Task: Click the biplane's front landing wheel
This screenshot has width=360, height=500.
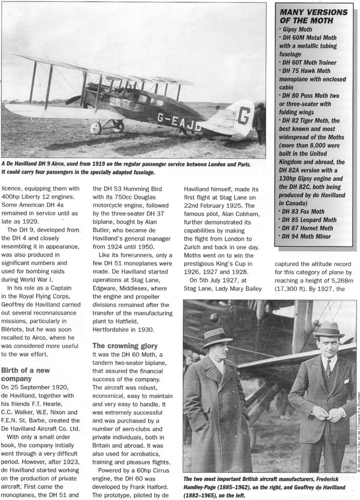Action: coord(96,128)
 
